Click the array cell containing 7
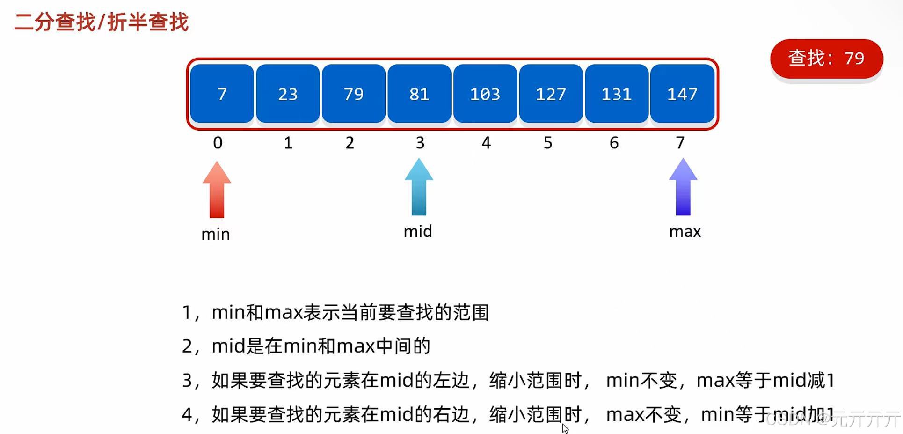click(222, 94)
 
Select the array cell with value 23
click(288, 94)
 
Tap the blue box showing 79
click(354, 94)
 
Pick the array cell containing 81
click(419, 94)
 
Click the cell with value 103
click(485, 94)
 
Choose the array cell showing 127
click(551, 94)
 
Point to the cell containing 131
click(617, 94)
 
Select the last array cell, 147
click(682, 94)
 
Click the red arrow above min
click(217, 190)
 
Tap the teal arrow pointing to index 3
click(419, 187)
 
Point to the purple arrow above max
click(683, 187)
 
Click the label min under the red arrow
click(216, 234)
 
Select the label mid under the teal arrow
click(418, 231)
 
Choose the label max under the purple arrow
click(685, 232)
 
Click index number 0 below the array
click(218, 143)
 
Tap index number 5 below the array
click(548, 143)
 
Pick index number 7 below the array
click(680, 143)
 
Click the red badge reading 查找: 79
click(826, 59)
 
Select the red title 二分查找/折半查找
click(102, 22)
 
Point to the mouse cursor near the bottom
click(565, 428)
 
